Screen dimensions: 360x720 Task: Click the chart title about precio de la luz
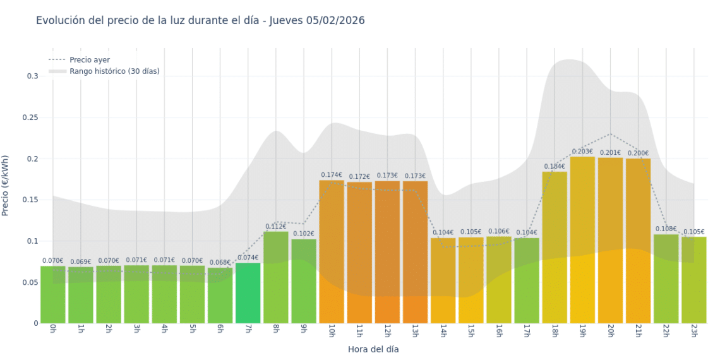[200, 21]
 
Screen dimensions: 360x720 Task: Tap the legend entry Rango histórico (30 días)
[114, 71]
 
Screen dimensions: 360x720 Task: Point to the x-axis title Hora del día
[373, 349]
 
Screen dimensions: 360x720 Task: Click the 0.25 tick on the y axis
[30, 117]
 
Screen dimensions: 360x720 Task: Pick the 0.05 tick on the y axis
[30, 282]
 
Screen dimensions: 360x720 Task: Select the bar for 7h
[248, 293]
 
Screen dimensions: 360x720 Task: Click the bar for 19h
[582, 240]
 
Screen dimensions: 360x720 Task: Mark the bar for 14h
[443, 280]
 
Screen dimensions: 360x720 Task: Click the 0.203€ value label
[582, 152]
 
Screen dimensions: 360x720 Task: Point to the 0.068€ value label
[220, 263]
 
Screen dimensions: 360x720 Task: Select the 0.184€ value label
[555, 167]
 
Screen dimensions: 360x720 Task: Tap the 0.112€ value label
[276, 227]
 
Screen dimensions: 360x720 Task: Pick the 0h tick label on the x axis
[53, 330]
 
